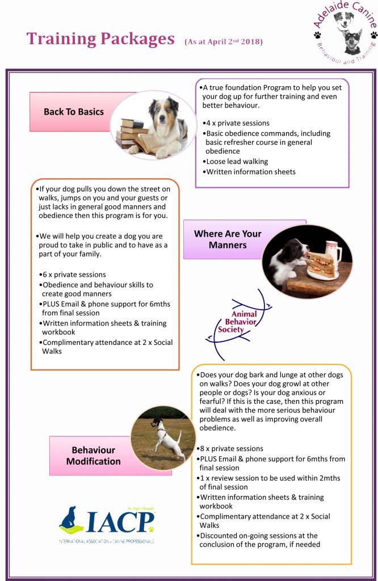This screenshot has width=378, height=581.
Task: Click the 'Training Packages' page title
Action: point(100,39)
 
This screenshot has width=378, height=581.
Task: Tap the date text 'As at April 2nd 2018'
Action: point(224,42)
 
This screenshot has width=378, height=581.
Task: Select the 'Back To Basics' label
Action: point(74,112)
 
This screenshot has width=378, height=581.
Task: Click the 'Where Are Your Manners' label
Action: point(228,239)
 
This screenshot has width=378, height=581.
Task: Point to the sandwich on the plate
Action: point(321,264)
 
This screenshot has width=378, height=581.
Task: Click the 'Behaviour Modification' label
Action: point(93,456)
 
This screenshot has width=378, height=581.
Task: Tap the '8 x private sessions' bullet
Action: point(231,449)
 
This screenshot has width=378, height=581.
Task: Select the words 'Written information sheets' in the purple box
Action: point(251,172)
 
